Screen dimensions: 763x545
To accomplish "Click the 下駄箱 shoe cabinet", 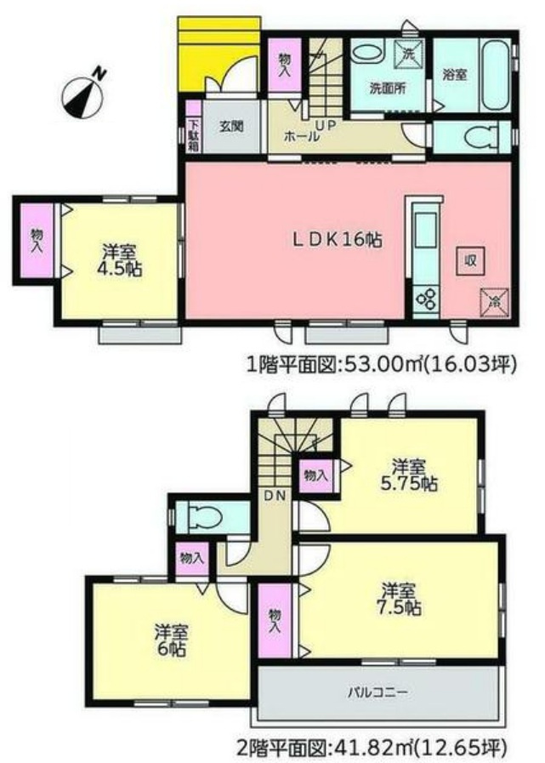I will click(193, 135).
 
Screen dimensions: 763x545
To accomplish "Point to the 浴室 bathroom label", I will click(454, 75).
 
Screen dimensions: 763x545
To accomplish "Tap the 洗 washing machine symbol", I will click(408, 53).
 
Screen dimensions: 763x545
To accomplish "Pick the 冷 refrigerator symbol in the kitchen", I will click(493, 300).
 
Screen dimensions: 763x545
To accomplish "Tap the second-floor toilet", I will click(202, 516).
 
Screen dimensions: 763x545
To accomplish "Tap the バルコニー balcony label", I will click(378, 692).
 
